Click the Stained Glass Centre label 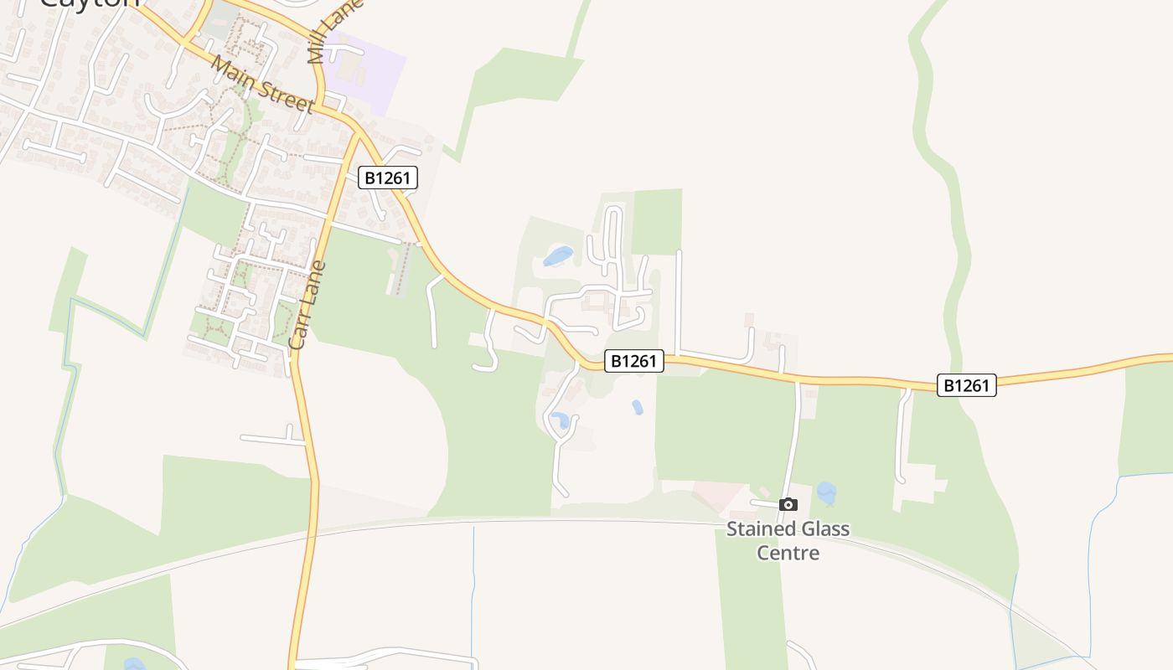point(788,540)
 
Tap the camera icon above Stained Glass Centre point(788,504)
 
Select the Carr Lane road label point(307,305)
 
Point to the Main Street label point(262,84)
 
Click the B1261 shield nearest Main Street point(388,178)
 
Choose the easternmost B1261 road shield point(966,385)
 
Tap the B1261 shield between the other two point(634,361)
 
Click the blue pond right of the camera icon point(826,492)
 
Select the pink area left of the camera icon point(718,494)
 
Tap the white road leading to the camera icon point(793,444)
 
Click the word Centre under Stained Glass point(788,553)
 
